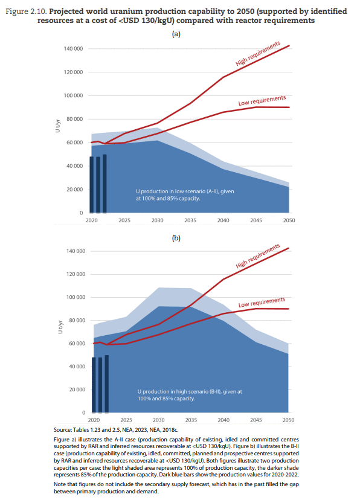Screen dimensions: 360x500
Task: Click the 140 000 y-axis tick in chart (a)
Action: [x=73, y=49]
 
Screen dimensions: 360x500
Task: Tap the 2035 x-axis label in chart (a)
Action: [x=190, y=220]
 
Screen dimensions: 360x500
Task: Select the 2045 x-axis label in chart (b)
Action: [x=256, y=420]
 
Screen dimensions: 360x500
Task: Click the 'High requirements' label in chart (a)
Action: [x=258, y=54]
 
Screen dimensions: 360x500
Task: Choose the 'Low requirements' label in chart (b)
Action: [x=262, y=303]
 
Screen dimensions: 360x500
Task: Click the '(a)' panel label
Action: [x=176, y=34]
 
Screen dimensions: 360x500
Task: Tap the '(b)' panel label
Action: [x=176, y=238]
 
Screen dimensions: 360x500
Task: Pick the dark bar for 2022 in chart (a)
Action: [x=104, y=184]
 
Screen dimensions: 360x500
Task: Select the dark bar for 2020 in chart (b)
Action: [x=94, y=385]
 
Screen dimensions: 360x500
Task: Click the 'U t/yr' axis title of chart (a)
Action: [x=57, y=126]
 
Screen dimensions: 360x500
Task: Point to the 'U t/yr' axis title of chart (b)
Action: [x=60, y=327]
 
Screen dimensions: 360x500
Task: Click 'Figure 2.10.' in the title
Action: [x=27, y=11]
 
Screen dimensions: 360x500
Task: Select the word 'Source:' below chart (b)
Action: [x=62, y=430]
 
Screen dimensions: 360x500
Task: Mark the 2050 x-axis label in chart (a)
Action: [x=289, y=220]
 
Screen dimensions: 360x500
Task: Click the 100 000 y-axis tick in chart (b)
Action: [x=76, y=297]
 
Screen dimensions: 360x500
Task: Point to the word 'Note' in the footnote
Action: [x=60, y=484]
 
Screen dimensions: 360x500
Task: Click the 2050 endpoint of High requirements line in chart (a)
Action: [x=289, y=46]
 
